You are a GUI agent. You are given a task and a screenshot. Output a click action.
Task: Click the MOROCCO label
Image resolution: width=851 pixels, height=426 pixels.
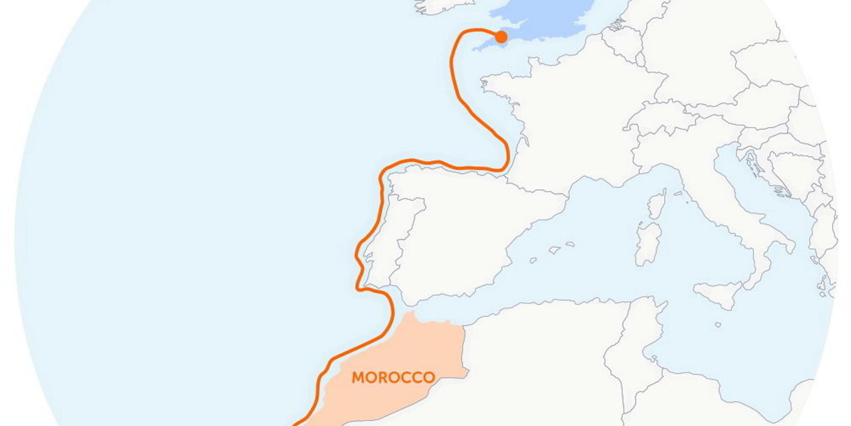pos(393,378)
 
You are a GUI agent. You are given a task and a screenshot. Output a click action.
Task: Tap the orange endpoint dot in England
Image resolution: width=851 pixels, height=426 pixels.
pos(501,37)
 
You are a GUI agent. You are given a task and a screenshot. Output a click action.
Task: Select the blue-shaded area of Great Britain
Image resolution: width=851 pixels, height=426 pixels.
pos(543,21)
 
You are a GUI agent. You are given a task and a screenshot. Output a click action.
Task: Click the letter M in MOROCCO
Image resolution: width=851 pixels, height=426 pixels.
pos(358,378)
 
